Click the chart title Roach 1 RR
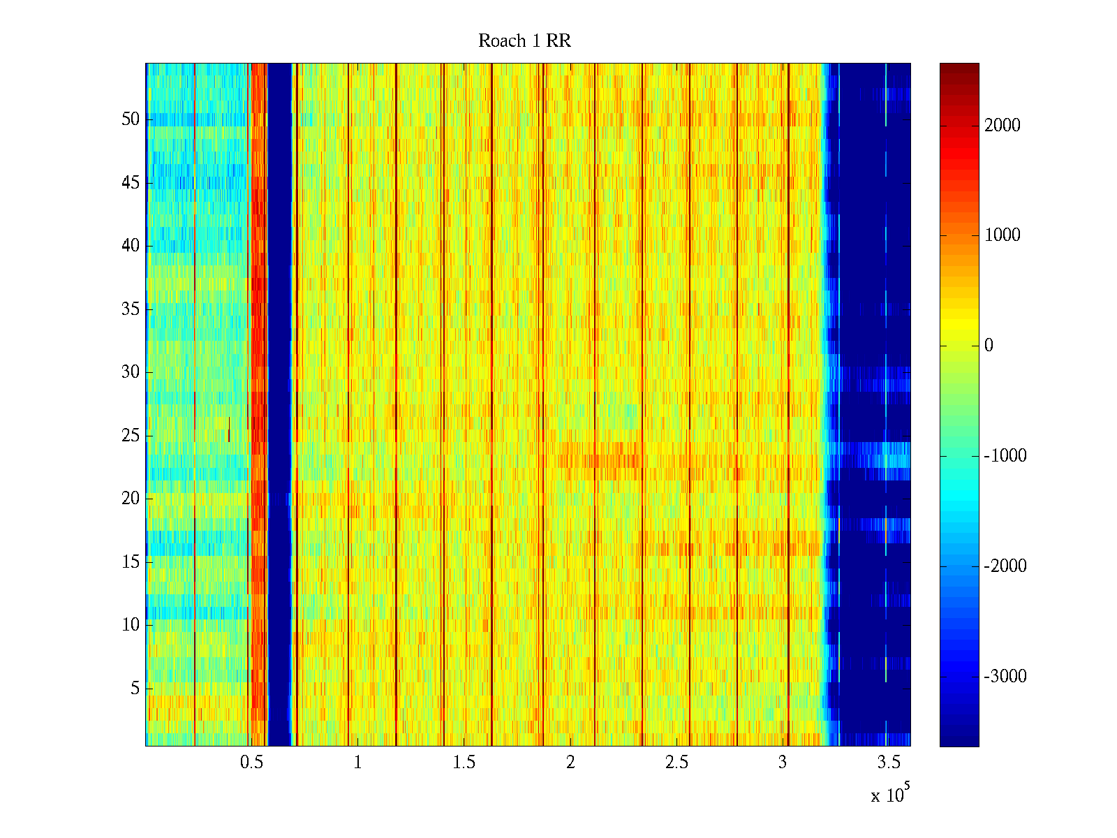pyautogui.click(x=524, y=41)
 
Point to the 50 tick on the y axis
pyautogui.click(x=131, y=119)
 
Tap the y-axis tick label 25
pyautogui.click(x=131, y=436)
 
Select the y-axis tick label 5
pyautogui.click(x=135, y=689)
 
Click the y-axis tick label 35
pyautogui.click(x=131, y=309)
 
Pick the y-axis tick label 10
pyautogui.click(x=131, y=625)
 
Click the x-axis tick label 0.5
pyautogui.click(x=251, y=763)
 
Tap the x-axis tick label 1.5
pyautogui.click(x=464, y=763)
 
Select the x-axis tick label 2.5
pyautogui.click(x=677, y=763)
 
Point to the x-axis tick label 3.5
pyautogui.click(x=889, y=763)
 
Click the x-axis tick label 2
pyautogui.click(x=570, y=763)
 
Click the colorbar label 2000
pyautogui.click(x=1003, y=126)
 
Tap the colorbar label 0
pyautogui.click(x=989, y=346)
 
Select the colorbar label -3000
pyautogui.click(x=1005, y=676)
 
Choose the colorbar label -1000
pyautogui.click(x=1005, y=456)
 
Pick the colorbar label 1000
pyautogui.click(x=1003, y=235)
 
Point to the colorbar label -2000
pyautogui.click(x=1005, y=566)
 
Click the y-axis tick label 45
pyautogui.click(x=131, y=183)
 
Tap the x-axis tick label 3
pyautogui.click(x=783, y=763)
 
